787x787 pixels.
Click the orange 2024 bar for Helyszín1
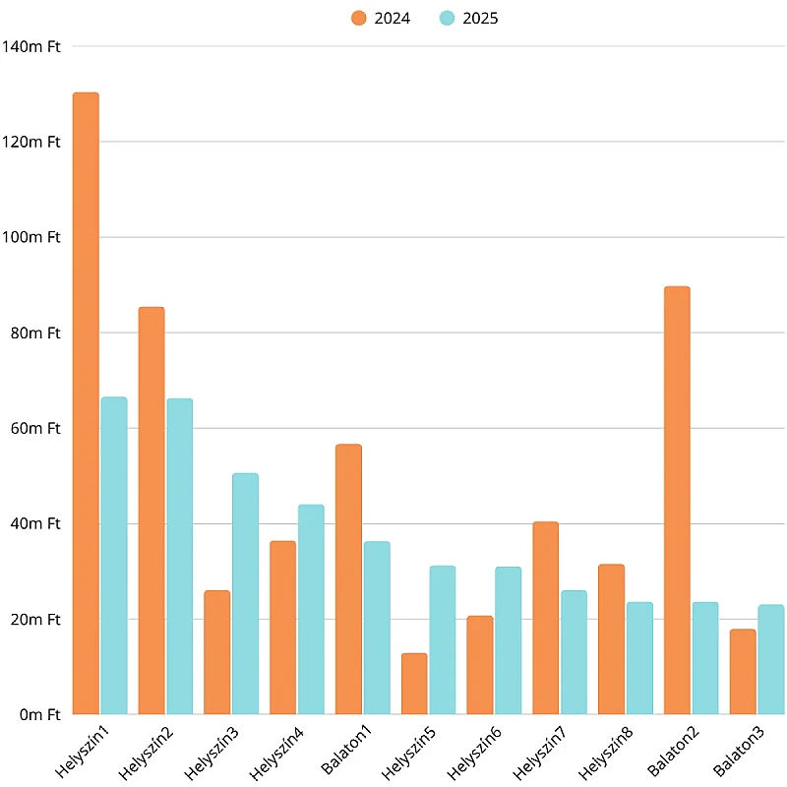click(x=86, y=403)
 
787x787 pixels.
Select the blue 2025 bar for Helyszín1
click(x=114, y=555)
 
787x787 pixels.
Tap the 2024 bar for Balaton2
click(x=677, y=500)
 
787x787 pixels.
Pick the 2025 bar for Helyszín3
click(x=245, y=593)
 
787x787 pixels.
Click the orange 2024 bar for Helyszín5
click(x=414, y=684)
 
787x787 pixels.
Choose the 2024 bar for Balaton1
click(x=348, y=579)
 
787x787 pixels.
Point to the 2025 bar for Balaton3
click(x=771, y=659)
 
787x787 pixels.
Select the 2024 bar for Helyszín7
click(x=546, y=618)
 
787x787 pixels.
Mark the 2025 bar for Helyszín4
click(x=311, y=609)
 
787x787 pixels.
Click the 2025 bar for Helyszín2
click(x=180, y=556)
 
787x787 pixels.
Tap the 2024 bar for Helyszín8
click(x=611, y=638)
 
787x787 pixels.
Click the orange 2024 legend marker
click(x=359, y=18)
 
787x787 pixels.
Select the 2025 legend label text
click(x=480, y=19)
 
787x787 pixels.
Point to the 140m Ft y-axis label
click(x=31, y=46)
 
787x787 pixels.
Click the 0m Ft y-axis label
click(x=40, y=715)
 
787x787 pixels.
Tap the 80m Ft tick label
click(x=35, y=333)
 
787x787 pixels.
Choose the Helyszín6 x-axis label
click(x=474, y=753)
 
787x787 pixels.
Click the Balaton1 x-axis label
click(x=346, y=750)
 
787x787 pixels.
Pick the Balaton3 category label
click(x=739, y=751)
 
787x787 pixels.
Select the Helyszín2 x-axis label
click(x=146, y=753)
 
